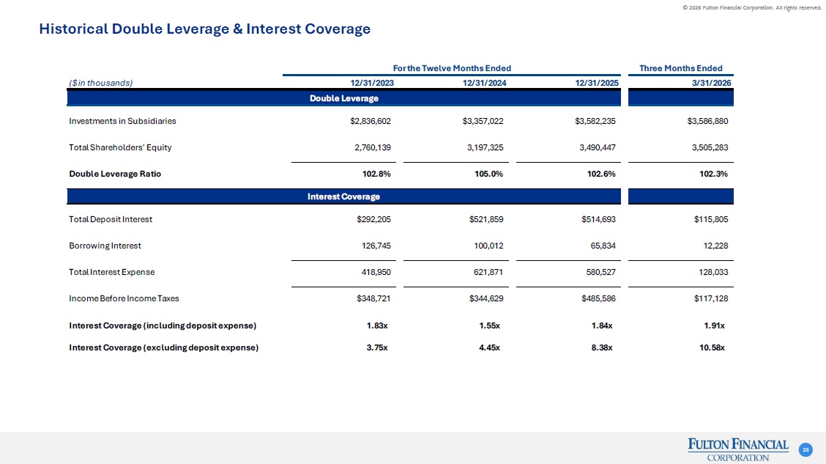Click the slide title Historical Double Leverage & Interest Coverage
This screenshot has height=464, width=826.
click(x=204, y=29)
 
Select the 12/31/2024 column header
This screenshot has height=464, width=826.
click(x=484, y=83)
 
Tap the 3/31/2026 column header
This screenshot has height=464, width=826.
click(x=711, y=83)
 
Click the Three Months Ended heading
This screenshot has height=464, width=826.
click(x=680, y=68)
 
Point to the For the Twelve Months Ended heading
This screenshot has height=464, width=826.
click(x=452, y=68)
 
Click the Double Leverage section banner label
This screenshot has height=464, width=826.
click(x=344, y=99)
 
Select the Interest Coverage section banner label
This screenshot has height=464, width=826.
click(x=343, y=196)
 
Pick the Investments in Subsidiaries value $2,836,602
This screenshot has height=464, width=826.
click(x=371, y=121)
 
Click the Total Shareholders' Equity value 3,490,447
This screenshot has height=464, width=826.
click(x=598, y=147)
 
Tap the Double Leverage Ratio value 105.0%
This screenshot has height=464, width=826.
click(x=489, y=174)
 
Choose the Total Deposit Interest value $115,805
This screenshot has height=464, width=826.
click(x=711, y=219)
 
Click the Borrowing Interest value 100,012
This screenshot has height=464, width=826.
click(x=489, y=246)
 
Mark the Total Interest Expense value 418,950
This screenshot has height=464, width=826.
click(x=376, y=272)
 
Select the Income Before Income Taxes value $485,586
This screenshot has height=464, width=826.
click(x=598, y=298)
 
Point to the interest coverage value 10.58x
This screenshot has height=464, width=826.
click(x=712, y=347)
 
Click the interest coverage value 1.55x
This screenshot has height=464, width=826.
click(x=489, y=326)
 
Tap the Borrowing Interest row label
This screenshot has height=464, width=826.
click(x=105, y=246)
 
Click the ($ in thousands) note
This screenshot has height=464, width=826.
click(x=100, y=83)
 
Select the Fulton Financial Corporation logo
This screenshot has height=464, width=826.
click(x=738, y=450)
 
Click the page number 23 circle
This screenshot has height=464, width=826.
click(x=805, y=450)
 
